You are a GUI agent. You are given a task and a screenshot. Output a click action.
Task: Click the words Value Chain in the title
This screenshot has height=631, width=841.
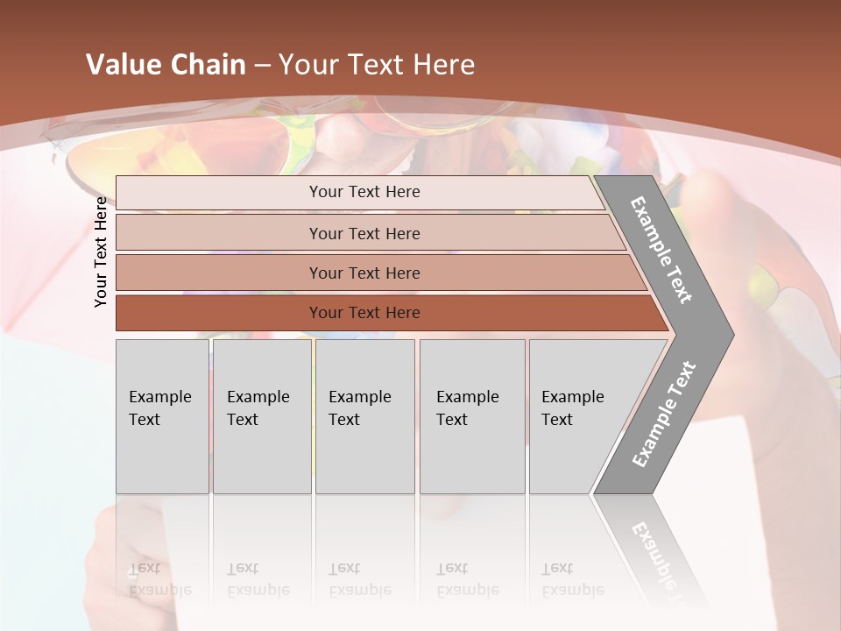coord(166,65)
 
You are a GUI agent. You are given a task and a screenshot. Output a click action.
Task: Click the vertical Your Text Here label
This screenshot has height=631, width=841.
coord(101,252)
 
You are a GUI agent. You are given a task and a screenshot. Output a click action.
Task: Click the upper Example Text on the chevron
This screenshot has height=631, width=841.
coord(661,250)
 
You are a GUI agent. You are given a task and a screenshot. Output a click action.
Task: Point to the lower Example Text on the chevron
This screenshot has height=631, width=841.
coord(663,415)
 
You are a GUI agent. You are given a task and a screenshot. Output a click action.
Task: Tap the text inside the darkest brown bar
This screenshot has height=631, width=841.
coord(364,313)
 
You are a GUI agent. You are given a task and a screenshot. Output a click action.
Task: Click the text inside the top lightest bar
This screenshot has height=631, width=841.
coord(364,192)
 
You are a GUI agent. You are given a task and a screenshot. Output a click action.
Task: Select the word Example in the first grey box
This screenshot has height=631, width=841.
coord(159,396)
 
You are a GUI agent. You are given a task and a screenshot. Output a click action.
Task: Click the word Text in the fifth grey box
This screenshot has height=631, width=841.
coord(557,420)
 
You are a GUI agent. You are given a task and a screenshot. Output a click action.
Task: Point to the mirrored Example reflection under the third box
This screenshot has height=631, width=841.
coord(359,590)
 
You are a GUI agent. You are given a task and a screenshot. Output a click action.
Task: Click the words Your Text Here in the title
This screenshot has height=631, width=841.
coord(377,65)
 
